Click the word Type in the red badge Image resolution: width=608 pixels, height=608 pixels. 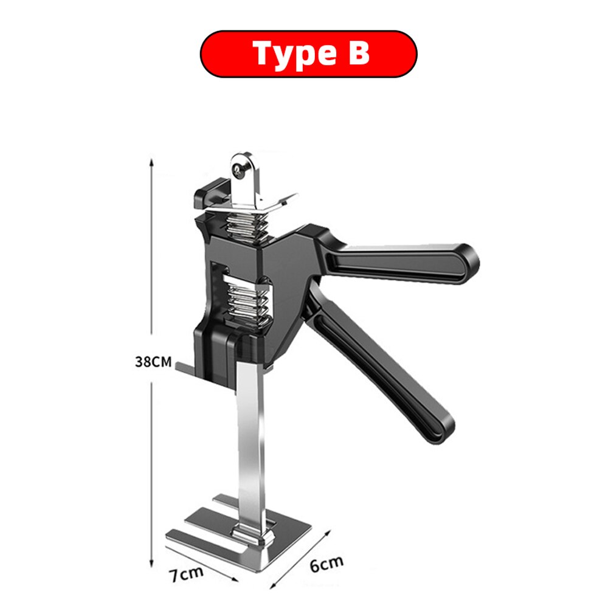288,54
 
